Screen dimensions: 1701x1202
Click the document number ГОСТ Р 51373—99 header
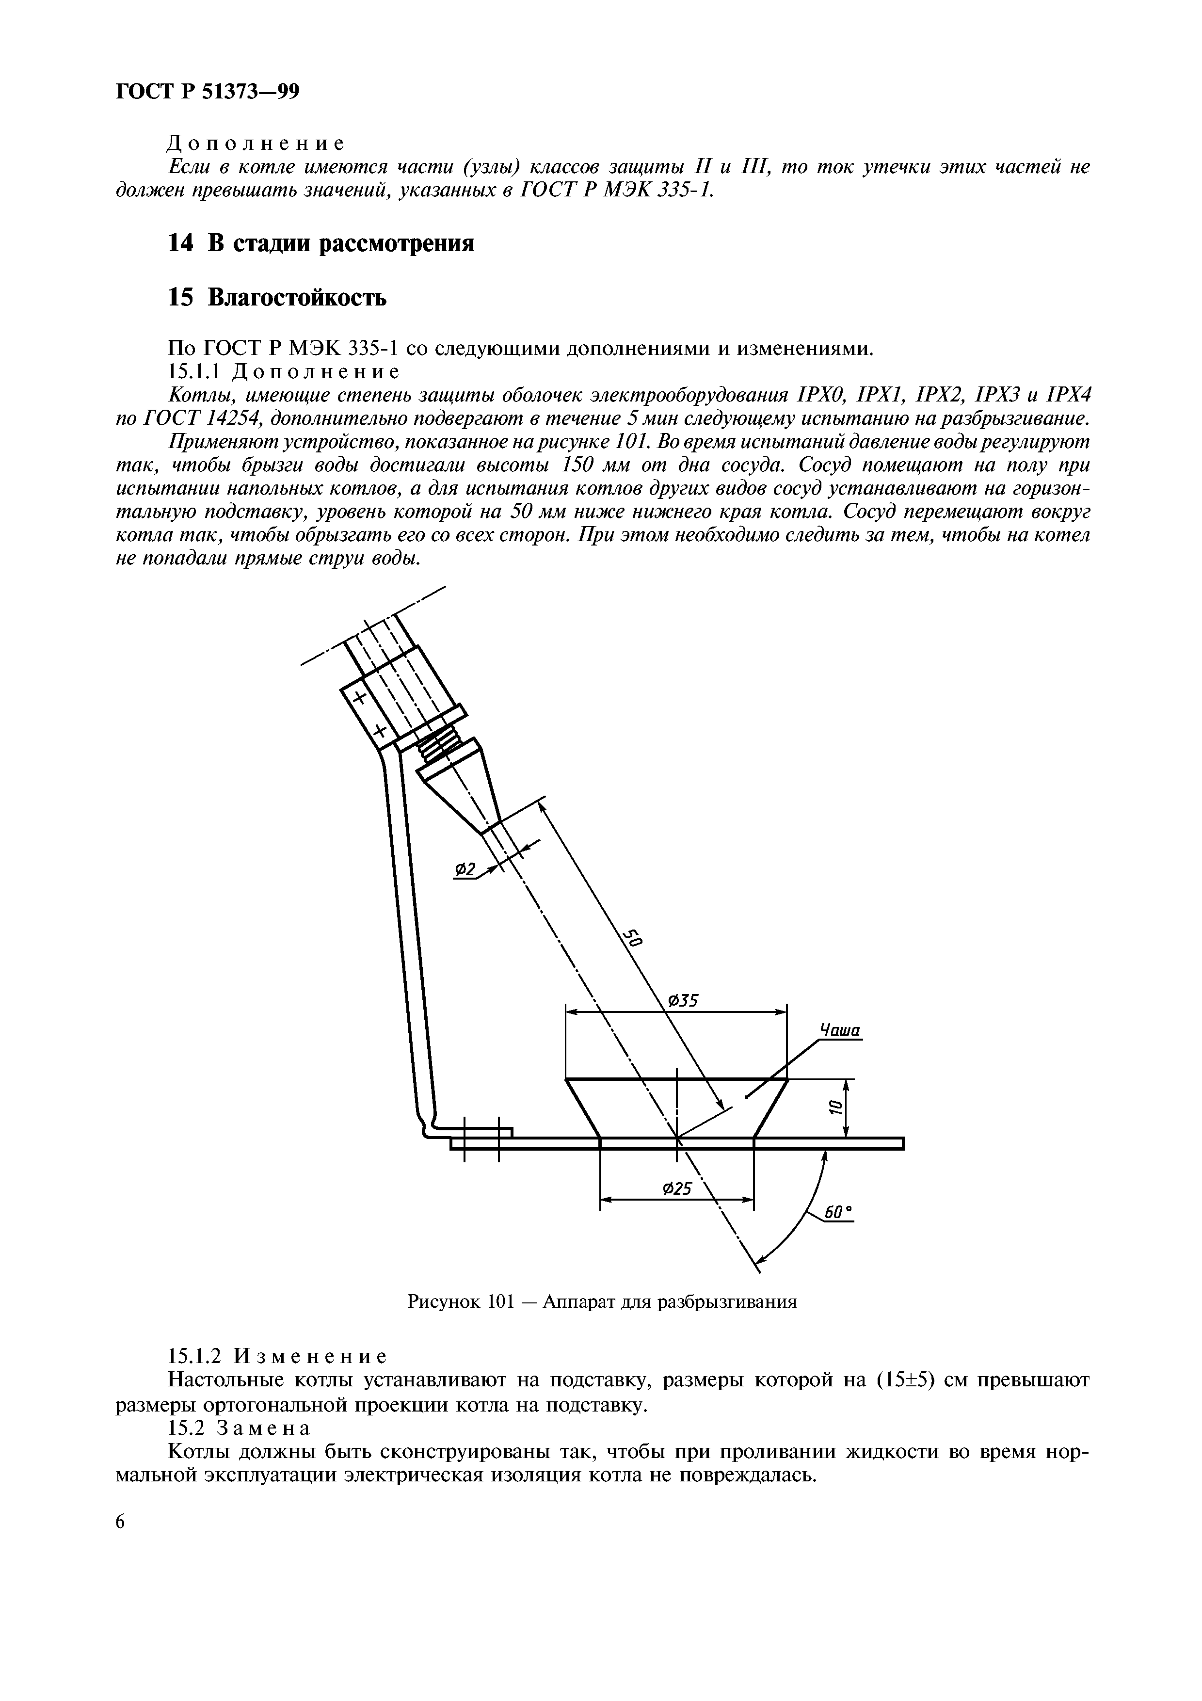(x=208, y=92)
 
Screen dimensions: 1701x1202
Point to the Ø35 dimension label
(x=684, y=1001)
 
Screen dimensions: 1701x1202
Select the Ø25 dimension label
(x=675, y=1189)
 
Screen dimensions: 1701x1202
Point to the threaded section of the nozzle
(x=438, y=745)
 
